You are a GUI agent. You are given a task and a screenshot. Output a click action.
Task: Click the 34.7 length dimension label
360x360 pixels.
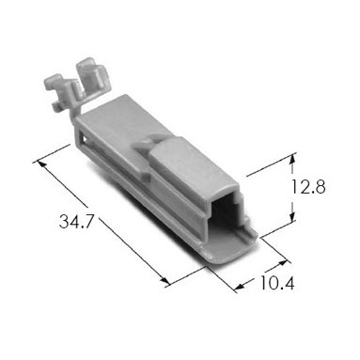[76, 222]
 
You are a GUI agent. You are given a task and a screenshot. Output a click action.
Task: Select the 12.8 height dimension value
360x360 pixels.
[308, 187]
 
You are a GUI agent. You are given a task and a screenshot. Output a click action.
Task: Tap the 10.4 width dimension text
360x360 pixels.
[277, 284]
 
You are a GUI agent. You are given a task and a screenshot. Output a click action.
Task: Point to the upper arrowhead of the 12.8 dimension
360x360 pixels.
[292, 159]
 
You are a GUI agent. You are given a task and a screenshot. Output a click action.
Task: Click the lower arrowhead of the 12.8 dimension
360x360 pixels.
[292, 216]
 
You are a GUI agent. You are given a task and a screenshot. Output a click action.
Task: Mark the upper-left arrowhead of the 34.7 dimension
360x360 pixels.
[41, 164]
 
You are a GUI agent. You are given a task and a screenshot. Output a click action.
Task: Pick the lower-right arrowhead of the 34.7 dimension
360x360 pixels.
[164, 280]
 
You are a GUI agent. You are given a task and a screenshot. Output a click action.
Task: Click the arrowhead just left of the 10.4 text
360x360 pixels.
[240, 286]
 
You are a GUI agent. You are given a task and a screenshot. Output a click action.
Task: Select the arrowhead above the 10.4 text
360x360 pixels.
[282, 262]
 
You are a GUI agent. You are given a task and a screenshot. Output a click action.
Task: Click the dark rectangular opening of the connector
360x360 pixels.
[226, 214]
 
